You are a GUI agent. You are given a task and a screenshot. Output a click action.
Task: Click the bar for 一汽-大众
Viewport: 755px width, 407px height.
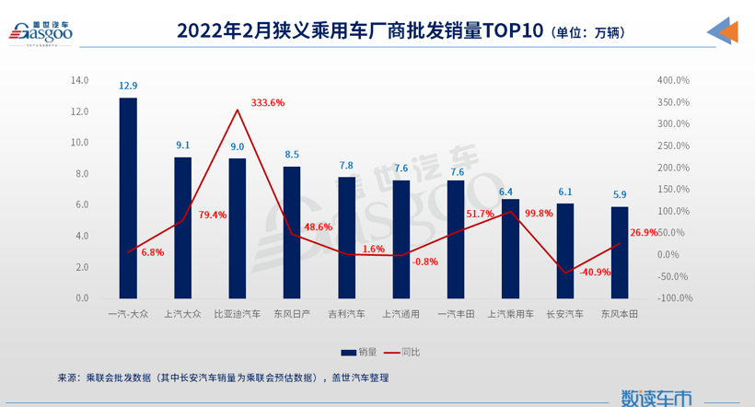(x=128, y=198)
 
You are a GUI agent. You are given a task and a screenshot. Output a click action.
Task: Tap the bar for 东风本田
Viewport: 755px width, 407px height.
(x=619, y=252)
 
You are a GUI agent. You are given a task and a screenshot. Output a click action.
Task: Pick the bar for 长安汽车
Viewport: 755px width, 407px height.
(x=564, y=250)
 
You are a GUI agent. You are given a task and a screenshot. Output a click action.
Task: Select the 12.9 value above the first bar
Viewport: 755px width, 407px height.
(x=128, y=86)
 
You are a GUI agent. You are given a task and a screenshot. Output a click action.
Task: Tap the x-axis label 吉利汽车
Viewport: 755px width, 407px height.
(x=346, y=314)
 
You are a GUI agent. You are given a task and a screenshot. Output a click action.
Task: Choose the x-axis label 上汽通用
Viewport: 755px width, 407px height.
(x=401, y=314)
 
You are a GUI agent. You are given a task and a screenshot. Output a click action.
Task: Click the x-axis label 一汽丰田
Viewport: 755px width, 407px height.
(x=455, y=314)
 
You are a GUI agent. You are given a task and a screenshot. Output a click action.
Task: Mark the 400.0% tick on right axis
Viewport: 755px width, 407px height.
(x=673, y=80)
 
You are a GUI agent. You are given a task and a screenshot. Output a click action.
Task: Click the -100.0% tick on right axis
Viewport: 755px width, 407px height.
(x=673, y=298)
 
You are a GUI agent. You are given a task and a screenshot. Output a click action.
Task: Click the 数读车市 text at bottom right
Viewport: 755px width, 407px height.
(x=656, y=397)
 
